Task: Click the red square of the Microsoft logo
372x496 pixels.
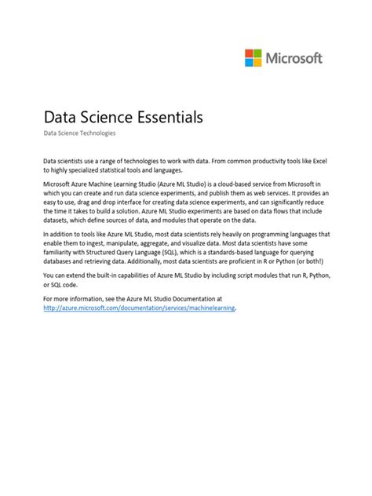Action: pyautogui.click(x=249, y=53)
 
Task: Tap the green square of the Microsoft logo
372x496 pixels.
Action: pyautogui.click(x=257, y=53)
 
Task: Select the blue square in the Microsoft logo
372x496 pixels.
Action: pyautogui.click(x=249, y=62)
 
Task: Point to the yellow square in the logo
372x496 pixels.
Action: pyautogui.click(x=257, y=62)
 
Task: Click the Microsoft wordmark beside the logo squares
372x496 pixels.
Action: pyautogui.click(x=294, y=58)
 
